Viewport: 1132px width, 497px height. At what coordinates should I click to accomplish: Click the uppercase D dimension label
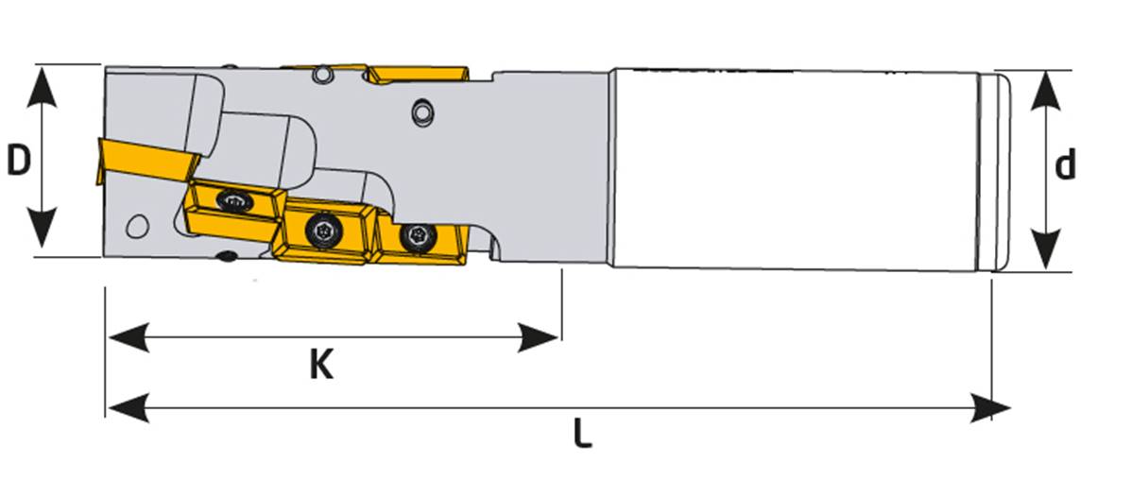19,161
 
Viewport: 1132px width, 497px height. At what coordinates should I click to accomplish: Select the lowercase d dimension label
1066,164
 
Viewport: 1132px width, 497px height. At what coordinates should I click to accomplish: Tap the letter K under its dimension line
321,365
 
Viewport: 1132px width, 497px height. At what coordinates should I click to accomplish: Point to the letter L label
583,434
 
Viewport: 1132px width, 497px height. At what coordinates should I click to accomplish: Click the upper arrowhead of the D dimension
42,87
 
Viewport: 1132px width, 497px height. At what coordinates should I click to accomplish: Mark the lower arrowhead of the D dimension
42,227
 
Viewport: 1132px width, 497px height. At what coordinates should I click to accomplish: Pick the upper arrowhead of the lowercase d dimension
1045,91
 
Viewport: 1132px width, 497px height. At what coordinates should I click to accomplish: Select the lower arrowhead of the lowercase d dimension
1045,249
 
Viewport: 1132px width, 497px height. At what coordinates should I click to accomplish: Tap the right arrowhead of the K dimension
539,337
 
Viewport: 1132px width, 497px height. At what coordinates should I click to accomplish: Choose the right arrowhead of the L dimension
989,408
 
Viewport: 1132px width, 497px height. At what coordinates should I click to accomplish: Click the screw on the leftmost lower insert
234,201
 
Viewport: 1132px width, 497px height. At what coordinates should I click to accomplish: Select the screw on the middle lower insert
322,231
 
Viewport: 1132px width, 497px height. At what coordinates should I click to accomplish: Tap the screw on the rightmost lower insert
418,237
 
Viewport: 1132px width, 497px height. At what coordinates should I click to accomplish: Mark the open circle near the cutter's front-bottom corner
137,227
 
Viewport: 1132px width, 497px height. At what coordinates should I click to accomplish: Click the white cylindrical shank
794,170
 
